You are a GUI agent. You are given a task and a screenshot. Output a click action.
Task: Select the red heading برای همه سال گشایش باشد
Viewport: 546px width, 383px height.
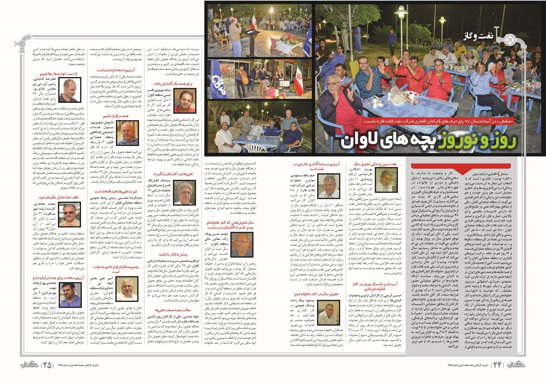[x=173, y=83]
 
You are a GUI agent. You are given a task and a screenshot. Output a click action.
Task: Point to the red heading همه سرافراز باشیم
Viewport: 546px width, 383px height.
[x=116, y=116]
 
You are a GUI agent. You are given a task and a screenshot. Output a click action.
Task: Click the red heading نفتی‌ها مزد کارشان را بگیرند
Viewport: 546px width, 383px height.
[x=173, y=174]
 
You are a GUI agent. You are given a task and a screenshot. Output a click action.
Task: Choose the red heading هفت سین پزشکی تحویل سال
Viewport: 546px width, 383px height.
[x=375, y=164]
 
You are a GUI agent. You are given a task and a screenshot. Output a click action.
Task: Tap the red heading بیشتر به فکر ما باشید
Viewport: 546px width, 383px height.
[x=173, y=254]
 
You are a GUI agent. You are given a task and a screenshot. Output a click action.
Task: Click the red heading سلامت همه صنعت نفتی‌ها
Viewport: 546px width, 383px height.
[x=173, y=310]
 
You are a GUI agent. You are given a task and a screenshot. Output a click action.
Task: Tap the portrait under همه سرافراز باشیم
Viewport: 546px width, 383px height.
[x=127, y=133]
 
